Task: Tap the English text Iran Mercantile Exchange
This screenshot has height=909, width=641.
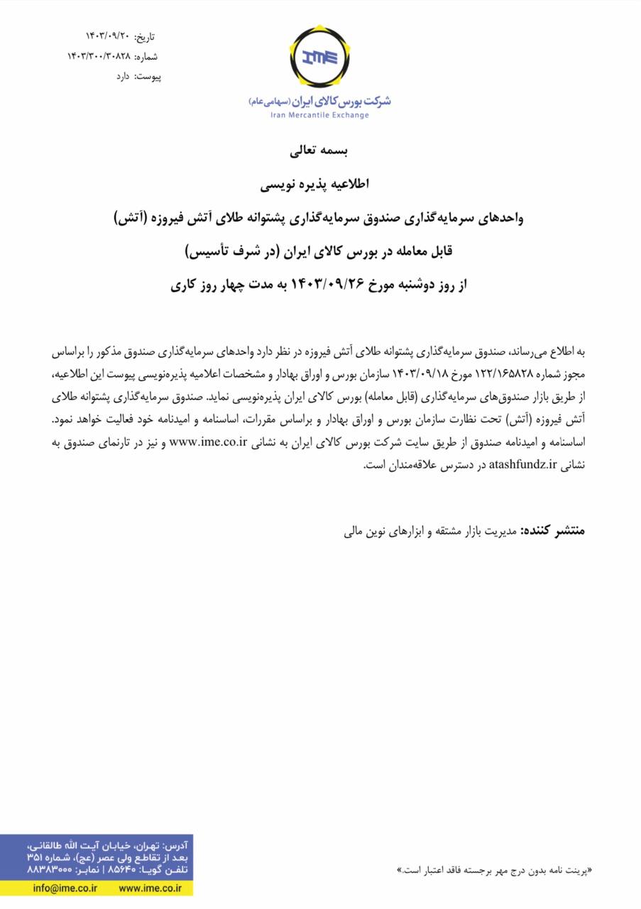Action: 319,115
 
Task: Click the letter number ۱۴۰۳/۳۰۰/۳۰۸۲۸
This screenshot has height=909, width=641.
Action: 99,56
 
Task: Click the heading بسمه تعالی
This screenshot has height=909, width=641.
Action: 319,151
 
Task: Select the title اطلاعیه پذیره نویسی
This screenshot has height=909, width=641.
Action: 319,185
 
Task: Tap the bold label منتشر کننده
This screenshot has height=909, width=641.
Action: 552,530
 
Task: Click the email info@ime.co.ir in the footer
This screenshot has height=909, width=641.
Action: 65,888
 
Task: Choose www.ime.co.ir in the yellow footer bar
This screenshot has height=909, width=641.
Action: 150,888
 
